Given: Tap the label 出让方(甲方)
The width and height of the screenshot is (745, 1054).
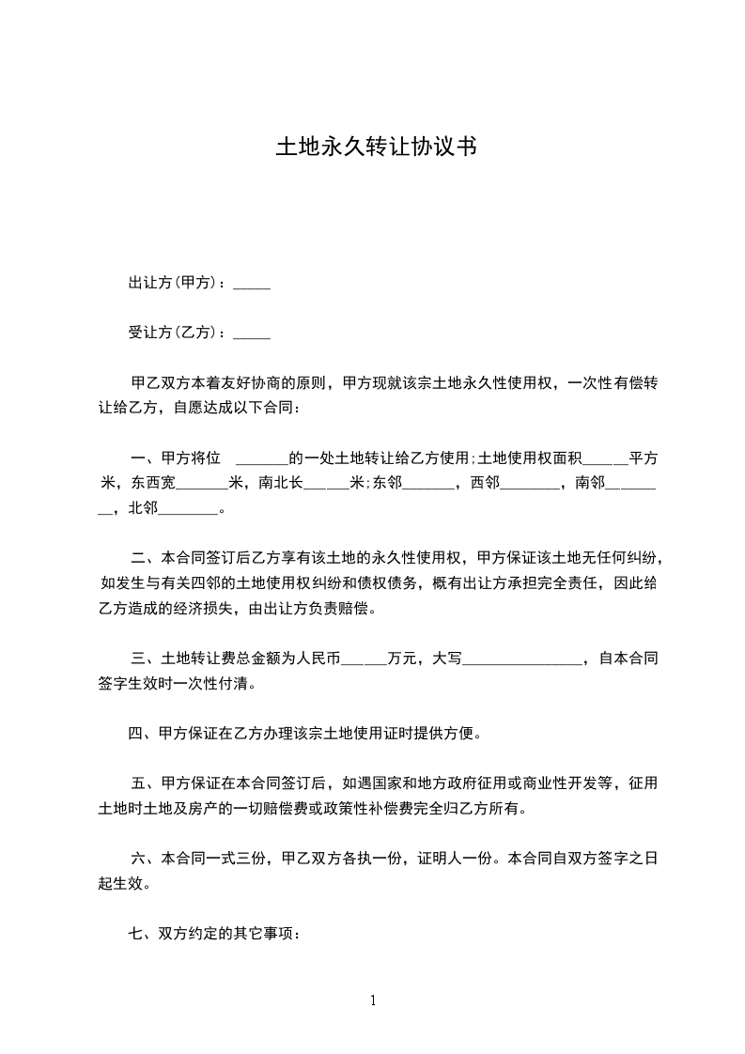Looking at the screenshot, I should point(177,282).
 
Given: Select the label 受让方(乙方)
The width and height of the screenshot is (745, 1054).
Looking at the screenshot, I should point(177,332).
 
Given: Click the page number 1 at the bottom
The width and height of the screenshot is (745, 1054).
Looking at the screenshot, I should point(373,1000).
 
